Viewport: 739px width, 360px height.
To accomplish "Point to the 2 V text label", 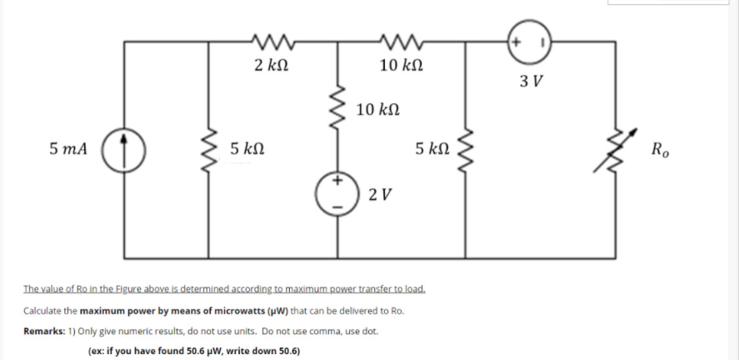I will [x=378, y=194].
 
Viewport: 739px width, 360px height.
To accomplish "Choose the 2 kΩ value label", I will [x=272, y=65].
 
